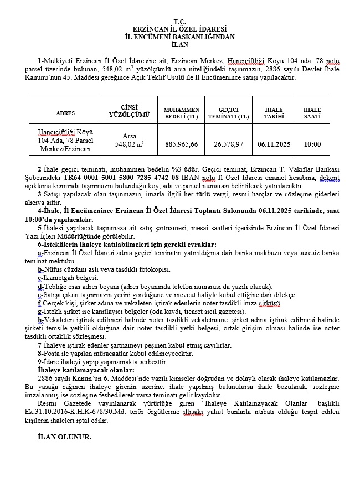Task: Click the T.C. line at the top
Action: [180, 21]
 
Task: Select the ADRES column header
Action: [65, 113]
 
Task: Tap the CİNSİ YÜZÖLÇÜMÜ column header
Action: [129, 111]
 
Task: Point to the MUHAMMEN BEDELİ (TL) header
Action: [181, 113]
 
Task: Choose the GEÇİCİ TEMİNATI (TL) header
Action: [228, 113]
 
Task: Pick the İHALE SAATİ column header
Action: [312, 113]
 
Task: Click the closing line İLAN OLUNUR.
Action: [64, 437]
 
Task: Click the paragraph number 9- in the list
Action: [40, 361]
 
